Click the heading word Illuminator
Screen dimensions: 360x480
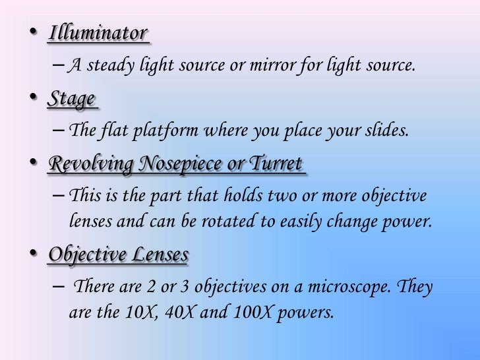click(97, 34)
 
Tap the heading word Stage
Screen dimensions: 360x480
click(71, 99)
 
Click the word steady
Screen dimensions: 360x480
click(106, 65)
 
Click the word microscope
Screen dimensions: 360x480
click(355, 287)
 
